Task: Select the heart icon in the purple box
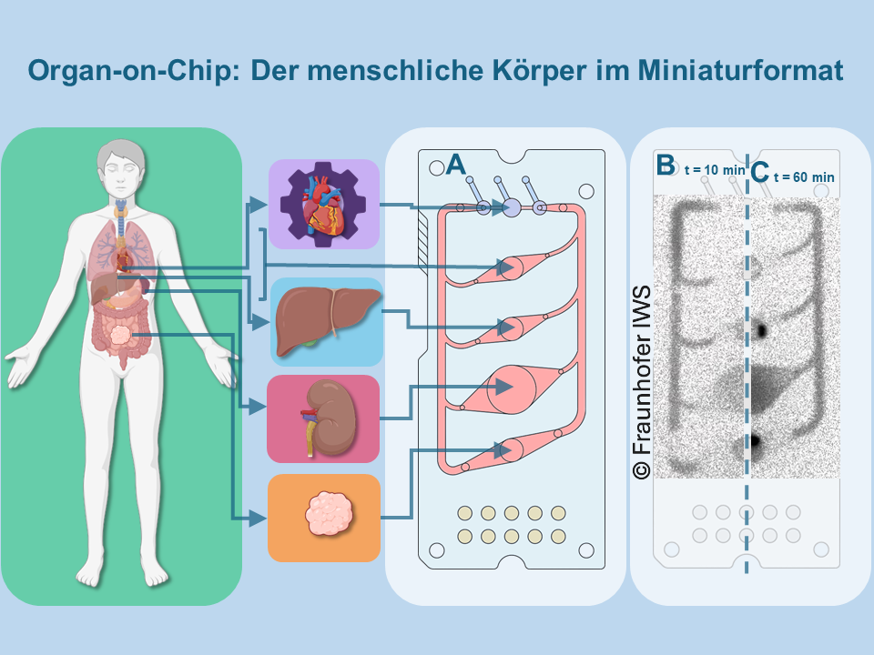click(324, 205)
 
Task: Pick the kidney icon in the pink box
click(323, 418)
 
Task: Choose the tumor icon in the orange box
click(324, 516)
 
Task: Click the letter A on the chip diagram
click(456, 164)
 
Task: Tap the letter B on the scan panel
click(666, 165)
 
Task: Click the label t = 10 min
click(715, 169)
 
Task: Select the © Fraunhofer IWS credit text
click(641, 381)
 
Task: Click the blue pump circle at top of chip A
click(511, 208)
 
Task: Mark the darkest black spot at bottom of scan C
click(755, 442)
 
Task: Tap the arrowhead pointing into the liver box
click(263, 322)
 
